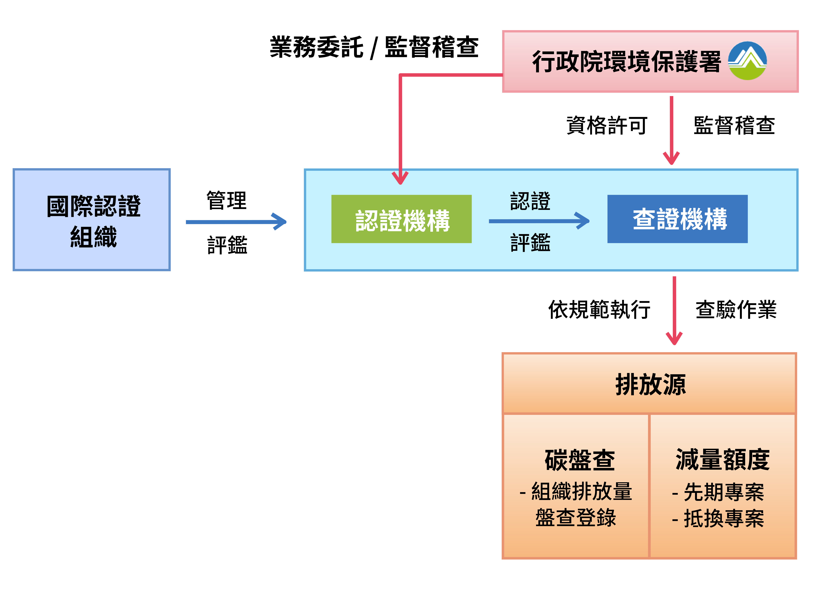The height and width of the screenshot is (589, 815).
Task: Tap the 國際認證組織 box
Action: click(x=92, y=220)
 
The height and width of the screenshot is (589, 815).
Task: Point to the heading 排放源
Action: click(x=650, y=385)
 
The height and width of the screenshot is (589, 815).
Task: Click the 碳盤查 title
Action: click(x=580, y=460)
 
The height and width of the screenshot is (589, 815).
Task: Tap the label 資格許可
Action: click(x=607, y=125)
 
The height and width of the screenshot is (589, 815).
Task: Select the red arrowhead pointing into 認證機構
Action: click(x=400, y=177)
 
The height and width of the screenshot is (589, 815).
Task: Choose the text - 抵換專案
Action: click(x=718, y=519)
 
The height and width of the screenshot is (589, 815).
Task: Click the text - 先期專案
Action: click(x=718, y=492)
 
